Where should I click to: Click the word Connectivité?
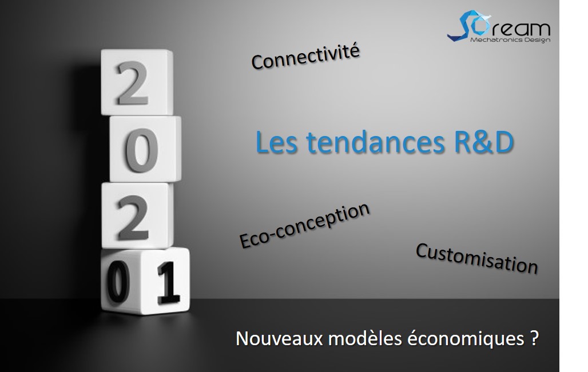click(x=305, y=57)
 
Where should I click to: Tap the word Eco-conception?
click(x=304, y=225)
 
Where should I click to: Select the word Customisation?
click(x=476, y=258)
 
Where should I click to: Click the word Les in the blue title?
click(x=276, y=142)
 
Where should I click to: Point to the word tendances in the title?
click(x=375, y=142)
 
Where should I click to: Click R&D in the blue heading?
click(x=484, y=142)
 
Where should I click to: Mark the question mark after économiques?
click(x=535, y=338)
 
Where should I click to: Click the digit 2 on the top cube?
click(x=132, y=83)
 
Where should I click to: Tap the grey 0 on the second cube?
click(x=141, y=150)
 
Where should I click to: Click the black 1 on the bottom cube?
click(x=168, y=282)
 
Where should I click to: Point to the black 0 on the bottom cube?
click(x=118, y=281)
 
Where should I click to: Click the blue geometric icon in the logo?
click(x=469, y=26)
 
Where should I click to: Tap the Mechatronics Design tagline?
click(x=510, y=39)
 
